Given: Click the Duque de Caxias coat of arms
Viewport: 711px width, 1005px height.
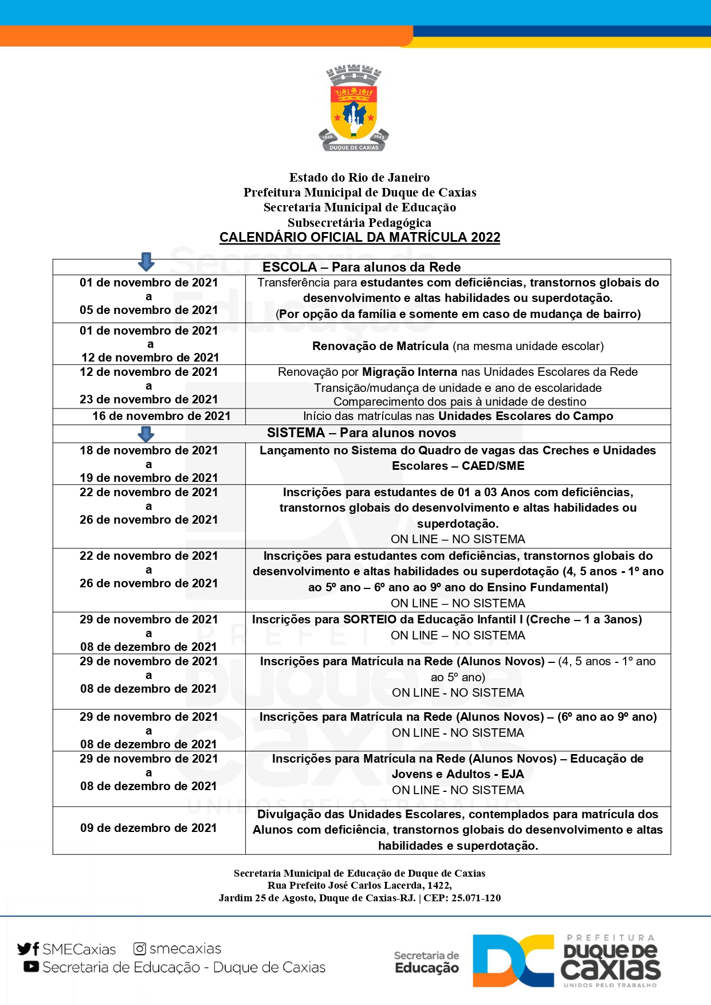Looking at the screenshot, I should coord(353,108).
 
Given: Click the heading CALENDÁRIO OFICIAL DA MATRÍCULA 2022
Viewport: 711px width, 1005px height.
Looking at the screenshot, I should coord(360,237).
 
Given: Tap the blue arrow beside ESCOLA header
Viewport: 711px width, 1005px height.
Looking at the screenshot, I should coord(147,262).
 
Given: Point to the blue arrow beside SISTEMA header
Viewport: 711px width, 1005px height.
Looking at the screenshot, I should coord(147,434).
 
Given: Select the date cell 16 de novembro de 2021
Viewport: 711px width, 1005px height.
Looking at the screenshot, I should coord(161,416).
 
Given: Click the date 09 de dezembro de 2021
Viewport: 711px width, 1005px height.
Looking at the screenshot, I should coord(148,828).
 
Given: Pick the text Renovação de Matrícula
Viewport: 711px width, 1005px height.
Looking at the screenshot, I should coord(380,346).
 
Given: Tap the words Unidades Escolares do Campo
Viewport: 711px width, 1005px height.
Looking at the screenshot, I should coord(525,416).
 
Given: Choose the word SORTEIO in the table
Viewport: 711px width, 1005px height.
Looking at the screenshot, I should coord(370,619).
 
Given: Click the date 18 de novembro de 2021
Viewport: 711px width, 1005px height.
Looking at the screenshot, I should coord(148,450).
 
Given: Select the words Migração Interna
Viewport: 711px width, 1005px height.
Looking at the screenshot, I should coord(410,372).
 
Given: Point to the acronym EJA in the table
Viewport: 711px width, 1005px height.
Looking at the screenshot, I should coord(513,774).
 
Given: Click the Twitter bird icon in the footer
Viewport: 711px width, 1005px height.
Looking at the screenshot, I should coord(24,949).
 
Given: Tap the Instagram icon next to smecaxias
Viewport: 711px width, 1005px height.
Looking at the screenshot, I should coord(139,949).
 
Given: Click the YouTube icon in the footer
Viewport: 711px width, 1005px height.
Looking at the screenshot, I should coord(31,967).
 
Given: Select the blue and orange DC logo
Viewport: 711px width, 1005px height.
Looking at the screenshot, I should coord(513,961).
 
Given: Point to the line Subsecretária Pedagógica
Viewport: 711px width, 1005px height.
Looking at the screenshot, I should coord(359,222).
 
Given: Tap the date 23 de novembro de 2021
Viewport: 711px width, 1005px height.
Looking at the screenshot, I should coord(148,399).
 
